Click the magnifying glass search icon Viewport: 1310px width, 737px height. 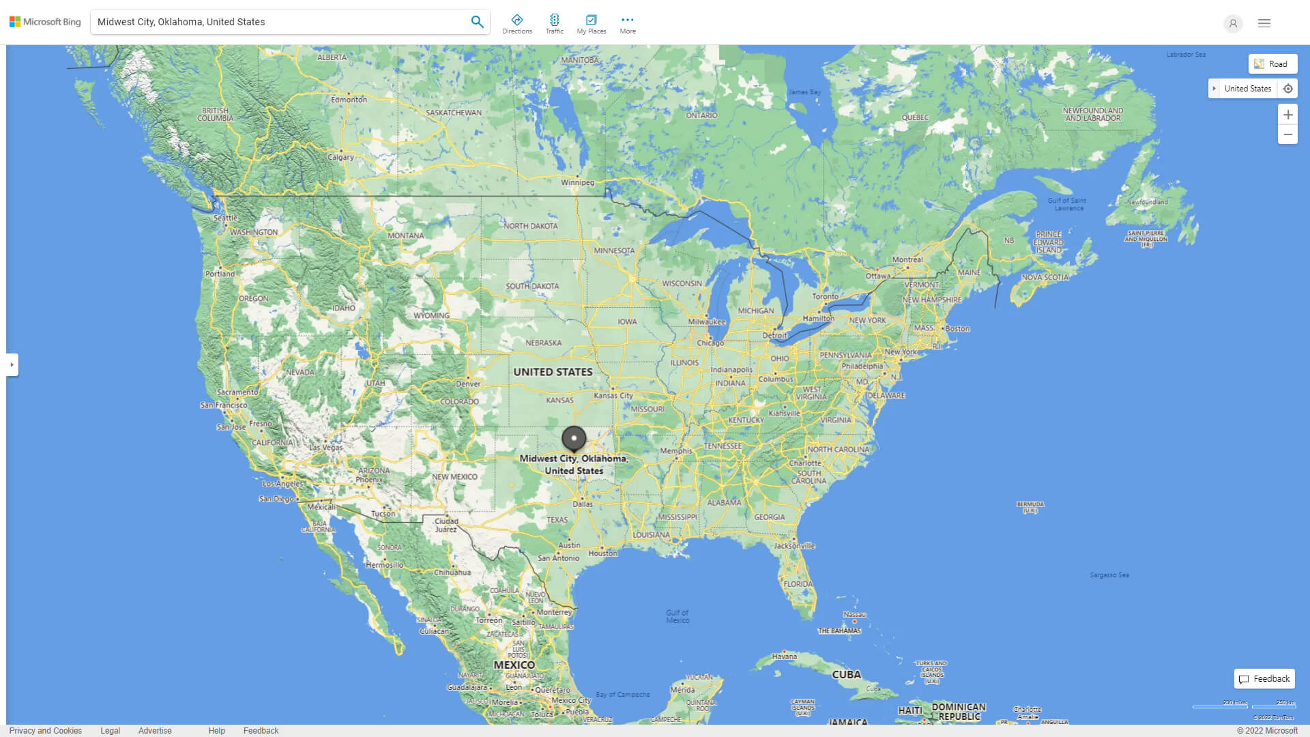coord(477,22)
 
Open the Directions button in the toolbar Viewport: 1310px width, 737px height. coord(516,24)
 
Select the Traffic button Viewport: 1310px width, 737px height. coord(554,24)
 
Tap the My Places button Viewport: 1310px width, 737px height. coord(591,24)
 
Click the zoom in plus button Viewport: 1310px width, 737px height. coord(1287,115)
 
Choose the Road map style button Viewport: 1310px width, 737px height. coord(1272,64)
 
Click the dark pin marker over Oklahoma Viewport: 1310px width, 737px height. coord(574,439)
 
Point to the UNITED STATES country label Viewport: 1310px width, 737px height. coord(553,372)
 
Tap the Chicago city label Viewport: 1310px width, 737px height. coord(710,343)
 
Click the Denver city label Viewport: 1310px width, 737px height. coord(468,384)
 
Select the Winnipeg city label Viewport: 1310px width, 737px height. coord(577,182)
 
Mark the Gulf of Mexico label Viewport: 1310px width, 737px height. coord(678,616)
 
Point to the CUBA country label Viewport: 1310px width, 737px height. coord(846,674)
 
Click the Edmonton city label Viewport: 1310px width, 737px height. coord(349,100)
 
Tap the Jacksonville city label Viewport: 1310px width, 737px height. coord(794,546)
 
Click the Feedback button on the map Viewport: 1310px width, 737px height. coord(1264,679)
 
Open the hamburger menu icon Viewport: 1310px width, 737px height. coord(1264,23)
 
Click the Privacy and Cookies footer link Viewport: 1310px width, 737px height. coord(45,730)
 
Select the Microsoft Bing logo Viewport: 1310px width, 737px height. coord(45,22)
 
